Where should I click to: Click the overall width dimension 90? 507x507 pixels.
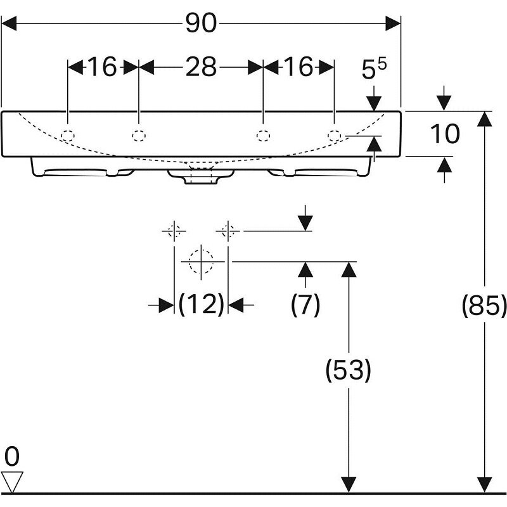pyautogui.click(x=201, y=24)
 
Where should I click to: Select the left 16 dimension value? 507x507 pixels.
pyautogui.click(x=103, y=67)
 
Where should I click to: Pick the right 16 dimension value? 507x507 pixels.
pyautogui.click(x=298, y=67)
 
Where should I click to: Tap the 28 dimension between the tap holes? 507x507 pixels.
pyautogui.click(x=201, y=67)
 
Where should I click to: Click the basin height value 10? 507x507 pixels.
pyautogui.click(x=444, y=134)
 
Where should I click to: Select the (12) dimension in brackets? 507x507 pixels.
pyautogui.click(x=201, y=305)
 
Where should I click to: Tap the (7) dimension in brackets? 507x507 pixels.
pyautogui.click(x=305, y=305)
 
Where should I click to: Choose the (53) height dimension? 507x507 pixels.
pyautogui.click(x=347, y=370)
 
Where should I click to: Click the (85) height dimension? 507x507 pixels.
pyautogui.click(x=485, y=307)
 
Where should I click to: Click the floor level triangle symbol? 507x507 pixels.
pyautogui.click(x=13, y=482)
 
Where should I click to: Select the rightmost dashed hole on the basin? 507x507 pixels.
pyautogui.click(x=334, y=135)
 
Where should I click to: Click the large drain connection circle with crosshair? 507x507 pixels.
pyautogui.click(x=201, y=260)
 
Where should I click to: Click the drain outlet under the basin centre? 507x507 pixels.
pyautogui.click(x=199, y=177)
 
